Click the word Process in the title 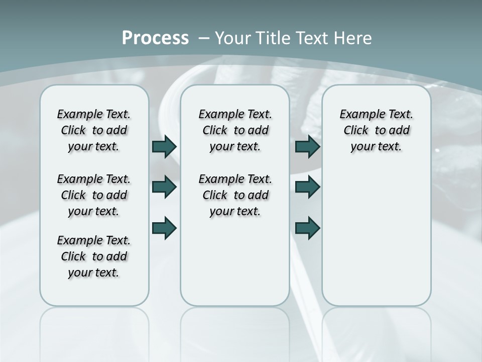[x=155, y=38]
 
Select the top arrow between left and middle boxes [x=164, y=146]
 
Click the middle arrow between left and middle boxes [x=164, y=187]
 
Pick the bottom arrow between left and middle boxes [x=164, y=228]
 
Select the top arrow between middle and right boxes [x=307, y=146]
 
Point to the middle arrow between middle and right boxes [x=307, y=187]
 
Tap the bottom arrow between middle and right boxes [x=307, y=228]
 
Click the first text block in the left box [x=94, y=130]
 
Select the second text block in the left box [x=94, y=195]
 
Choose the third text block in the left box [x=94, y=256]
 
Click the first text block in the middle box [x=235, y=130]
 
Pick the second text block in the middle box [x=235, y=195]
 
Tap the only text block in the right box [x=376, y=130]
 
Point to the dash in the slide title [x=204, y=38]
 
